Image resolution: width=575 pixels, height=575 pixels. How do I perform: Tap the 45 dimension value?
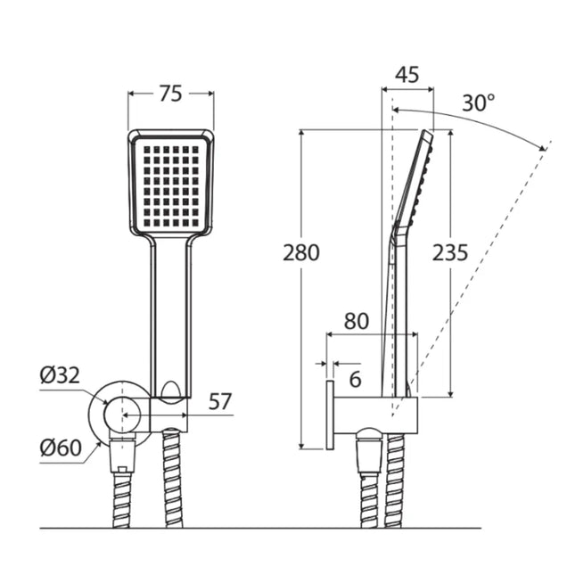pos(407,74)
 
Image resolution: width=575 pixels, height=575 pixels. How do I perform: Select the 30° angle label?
pos(478,103)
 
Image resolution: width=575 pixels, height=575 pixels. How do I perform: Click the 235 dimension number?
pos(450,252)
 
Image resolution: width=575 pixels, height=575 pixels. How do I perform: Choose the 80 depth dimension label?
pos(357,321)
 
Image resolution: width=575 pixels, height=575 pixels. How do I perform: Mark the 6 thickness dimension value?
pos(355,380)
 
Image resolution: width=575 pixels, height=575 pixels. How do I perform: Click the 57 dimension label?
pos(220,401)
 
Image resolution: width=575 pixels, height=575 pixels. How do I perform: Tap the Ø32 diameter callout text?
pos(60,375)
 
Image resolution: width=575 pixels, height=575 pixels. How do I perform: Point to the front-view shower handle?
pos(171,312)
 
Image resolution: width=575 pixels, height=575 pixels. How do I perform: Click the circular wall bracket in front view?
pos(119,415)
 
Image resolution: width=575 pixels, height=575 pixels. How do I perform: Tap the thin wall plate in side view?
pos(329,415)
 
